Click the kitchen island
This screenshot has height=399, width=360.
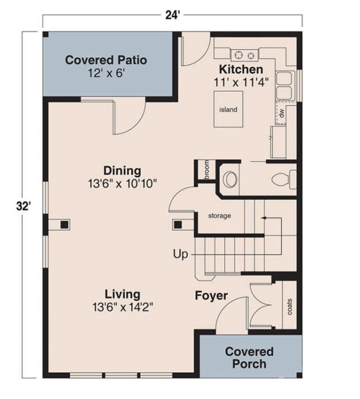pos(228,109)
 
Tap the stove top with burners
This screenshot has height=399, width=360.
pos(244,55)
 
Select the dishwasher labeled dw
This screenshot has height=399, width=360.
pos(281,113)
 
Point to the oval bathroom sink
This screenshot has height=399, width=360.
pos(230,179)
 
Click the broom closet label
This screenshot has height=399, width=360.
pos(207,170)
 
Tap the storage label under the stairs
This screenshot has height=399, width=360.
pos(219,216)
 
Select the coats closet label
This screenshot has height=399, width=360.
pos(289,306)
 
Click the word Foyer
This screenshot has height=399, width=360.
pos(211,296)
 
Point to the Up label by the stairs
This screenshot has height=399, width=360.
pos(180,255)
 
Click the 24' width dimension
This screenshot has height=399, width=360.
pos(172,16)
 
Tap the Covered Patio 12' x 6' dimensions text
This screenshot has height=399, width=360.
pos(106,74)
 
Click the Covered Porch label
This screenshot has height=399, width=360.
pos(249,358)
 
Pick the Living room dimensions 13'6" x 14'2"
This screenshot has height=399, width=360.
pos(122,307)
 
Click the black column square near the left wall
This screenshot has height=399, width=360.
pos(64,225)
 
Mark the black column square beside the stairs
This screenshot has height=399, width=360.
pos(178,225)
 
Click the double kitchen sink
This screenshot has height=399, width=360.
pos(285,86)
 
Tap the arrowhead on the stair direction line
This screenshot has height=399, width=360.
pos(263,218)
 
